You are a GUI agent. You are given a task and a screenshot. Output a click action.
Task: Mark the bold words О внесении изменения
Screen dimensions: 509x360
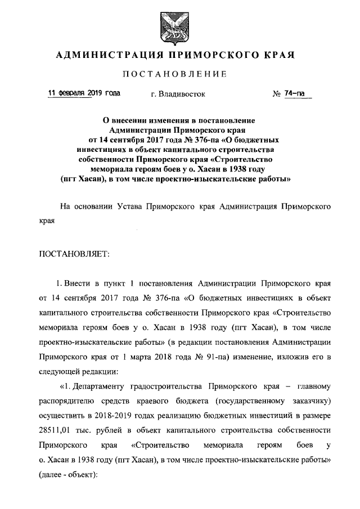[144, 120]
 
